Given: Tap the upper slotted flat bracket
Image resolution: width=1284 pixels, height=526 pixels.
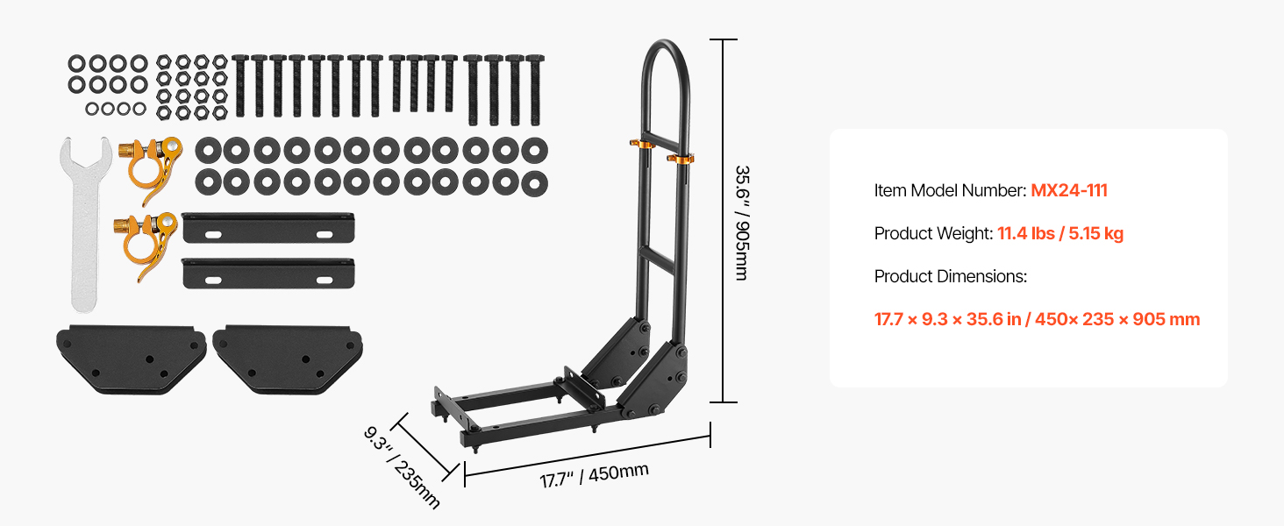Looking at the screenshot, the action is [268, 228].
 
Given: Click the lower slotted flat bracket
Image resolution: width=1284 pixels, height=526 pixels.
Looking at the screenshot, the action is [268, 274].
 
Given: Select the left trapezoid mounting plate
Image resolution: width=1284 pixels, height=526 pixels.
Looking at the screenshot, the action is [131, 359].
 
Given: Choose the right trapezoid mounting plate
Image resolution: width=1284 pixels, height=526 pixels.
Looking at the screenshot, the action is [287, 359].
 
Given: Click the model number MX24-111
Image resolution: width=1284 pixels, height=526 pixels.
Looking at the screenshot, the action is [1069, 190].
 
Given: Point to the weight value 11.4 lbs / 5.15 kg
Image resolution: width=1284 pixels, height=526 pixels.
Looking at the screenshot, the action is [1060, 233].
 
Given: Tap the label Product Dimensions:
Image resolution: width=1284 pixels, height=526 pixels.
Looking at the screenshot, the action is [951, 276].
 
